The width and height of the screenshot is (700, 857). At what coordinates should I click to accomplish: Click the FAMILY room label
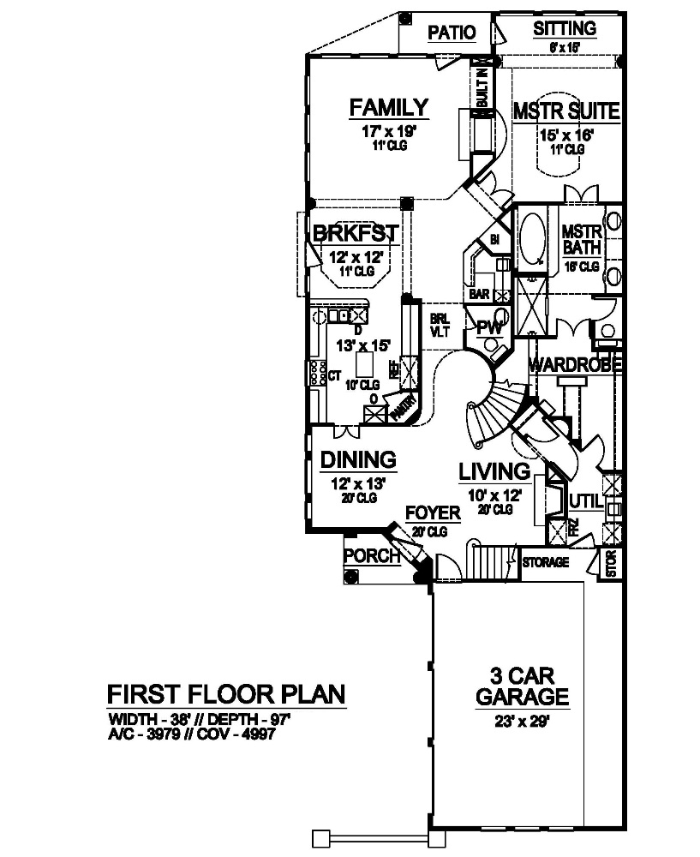(388, 108)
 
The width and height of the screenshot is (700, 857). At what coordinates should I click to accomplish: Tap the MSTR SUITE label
(565, 111)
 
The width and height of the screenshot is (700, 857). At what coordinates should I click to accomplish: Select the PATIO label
(452, 33)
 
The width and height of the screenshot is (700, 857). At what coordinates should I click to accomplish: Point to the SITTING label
(565, 29)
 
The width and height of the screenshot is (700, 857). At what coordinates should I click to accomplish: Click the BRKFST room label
(354, 233)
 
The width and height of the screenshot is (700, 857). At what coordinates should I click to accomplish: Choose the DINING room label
(358, 460)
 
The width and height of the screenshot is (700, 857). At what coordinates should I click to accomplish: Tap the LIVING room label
(494, 471)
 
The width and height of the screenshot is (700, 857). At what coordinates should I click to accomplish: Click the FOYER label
(433, 513)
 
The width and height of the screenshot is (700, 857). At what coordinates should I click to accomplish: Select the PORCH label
(372, 556)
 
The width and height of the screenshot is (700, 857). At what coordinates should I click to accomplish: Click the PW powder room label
(488, 327)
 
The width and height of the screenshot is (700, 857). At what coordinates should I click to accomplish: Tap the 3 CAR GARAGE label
(521, 684)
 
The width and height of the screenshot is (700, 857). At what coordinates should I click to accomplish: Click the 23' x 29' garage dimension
(520, 721)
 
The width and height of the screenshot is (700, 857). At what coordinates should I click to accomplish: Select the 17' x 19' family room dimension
(388, 133)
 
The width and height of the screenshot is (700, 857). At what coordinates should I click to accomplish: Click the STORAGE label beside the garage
(545, 563)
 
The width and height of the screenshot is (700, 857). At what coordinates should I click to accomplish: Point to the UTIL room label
(584, 500)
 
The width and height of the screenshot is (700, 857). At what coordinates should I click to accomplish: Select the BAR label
(479, 294)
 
